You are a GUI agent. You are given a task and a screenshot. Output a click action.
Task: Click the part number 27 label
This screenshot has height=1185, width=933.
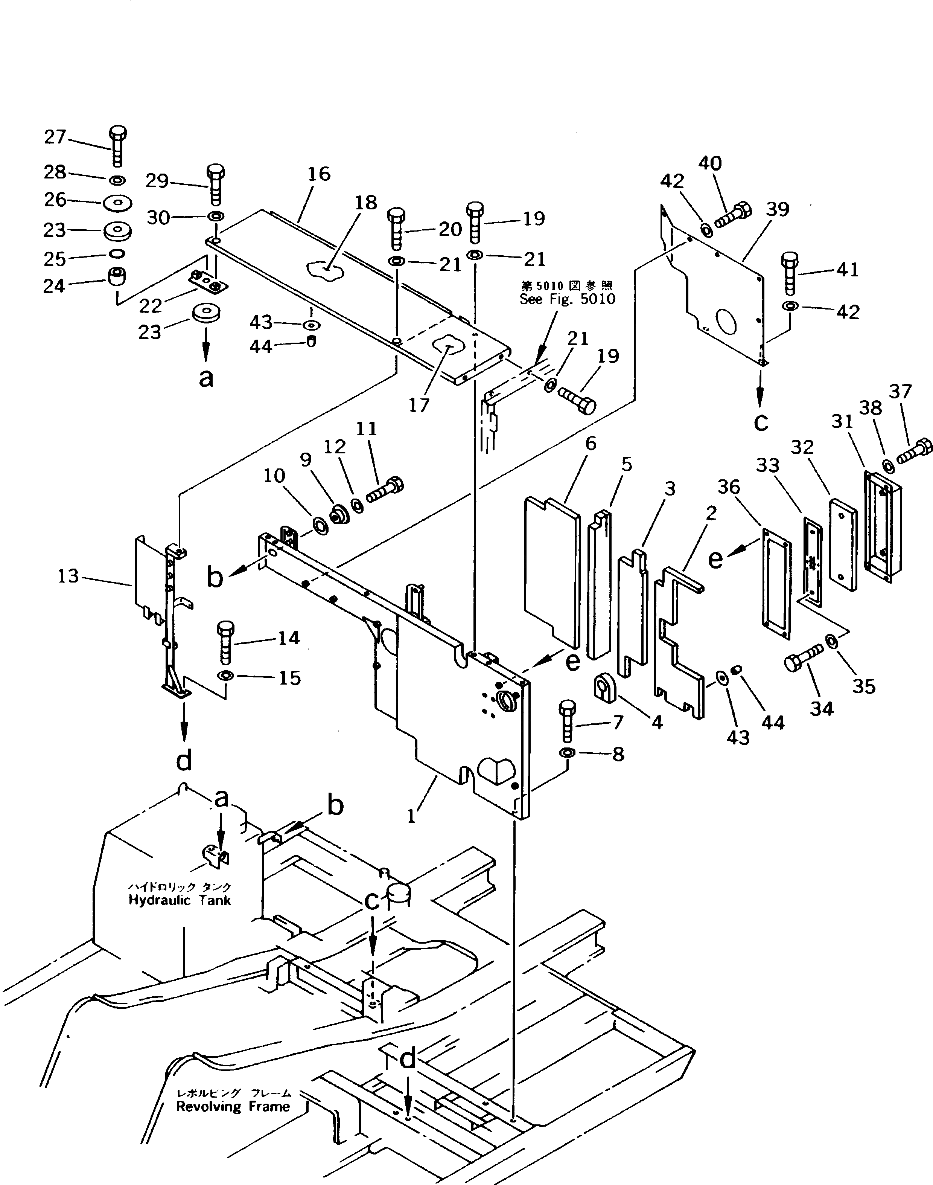[x=55, y=137]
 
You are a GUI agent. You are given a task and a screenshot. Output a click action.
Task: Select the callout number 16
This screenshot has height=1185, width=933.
[x=319, y=174]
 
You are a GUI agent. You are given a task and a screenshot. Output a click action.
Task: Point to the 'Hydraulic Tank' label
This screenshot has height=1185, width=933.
[x=180, y=900]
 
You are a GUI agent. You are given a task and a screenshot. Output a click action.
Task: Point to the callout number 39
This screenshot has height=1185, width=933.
[x=777, y=209]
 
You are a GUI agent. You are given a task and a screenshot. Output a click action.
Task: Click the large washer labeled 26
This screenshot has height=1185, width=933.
[x=117, y=202]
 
